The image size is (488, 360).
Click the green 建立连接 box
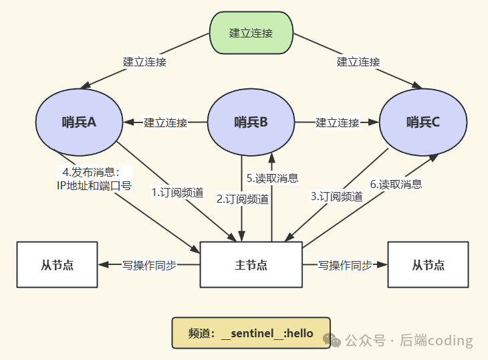251,33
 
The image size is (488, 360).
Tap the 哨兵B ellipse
251,122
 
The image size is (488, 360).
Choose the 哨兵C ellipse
423,122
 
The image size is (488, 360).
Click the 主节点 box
251,264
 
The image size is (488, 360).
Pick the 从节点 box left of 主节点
57,264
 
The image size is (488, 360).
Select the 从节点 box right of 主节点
429,264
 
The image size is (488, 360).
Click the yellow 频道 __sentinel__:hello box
251,333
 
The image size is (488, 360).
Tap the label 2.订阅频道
243,199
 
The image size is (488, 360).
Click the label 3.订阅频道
337,196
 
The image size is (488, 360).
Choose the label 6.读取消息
396,184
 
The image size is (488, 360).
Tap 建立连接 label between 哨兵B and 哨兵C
338,122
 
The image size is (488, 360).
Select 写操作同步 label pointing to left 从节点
149,265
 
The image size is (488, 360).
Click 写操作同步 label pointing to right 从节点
345,265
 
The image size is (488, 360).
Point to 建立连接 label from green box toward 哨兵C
358,62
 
